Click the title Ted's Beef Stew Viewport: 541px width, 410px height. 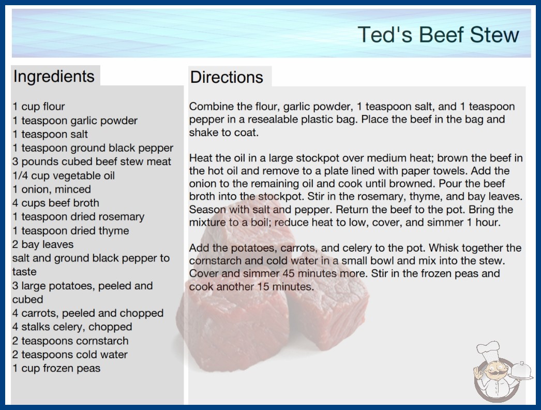tap(438, 35)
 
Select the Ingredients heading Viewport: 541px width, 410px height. tap(54, 77)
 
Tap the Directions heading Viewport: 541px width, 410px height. tap(227, 77)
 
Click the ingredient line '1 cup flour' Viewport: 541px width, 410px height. tap(39, 107)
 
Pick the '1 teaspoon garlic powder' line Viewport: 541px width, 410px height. tap(75, 121)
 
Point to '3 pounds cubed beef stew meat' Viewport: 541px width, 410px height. tap(92, 162)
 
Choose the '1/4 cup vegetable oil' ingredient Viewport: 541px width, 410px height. tap(64, 175)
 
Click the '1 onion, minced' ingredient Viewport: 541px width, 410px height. tap(52, 189)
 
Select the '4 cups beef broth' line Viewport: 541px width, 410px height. tap(56, 203)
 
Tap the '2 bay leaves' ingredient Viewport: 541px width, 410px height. tap(43, 244)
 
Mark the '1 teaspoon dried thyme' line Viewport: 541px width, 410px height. tap(71, 230)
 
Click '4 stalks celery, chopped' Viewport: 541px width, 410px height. tap(72, 327)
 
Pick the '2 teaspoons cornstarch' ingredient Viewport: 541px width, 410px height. tap(70, 341)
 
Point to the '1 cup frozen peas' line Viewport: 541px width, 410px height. tap(56, 368)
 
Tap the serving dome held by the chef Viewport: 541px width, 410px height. tap(521, 371)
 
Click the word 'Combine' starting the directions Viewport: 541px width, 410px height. tap(212, 107)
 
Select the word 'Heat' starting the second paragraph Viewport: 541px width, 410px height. tap(201, 158)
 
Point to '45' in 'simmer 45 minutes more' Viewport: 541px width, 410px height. tap(289, 273)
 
